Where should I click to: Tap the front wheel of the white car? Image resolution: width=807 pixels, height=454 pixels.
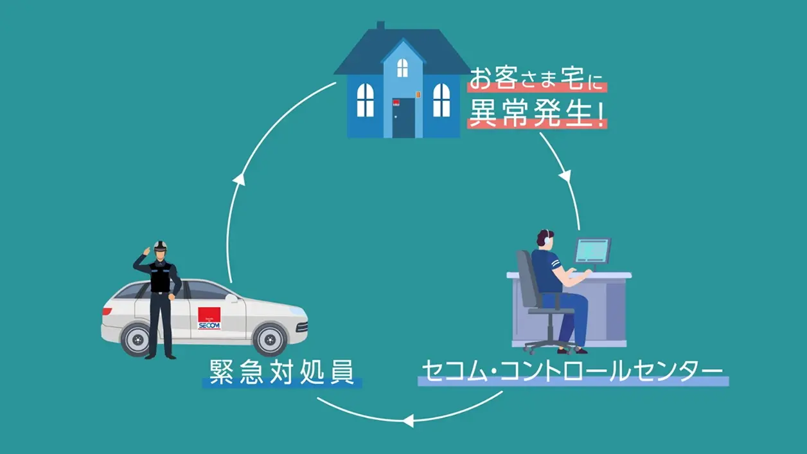tap(269, 338)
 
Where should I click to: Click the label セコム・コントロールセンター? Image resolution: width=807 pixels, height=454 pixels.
tap(572, 372)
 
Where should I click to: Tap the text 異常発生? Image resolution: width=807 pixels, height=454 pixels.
tap(537, 113)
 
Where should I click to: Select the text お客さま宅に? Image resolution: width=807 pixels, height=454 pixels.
tap(537, 80)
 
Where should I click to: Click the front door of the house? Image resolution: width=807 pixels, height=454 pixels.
tap(404, 118)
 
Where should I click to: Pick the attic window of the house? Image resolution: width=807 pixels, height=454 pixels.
tap(402, 67)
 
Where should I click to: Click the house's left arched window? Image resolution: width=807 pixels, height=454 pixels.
tap(365, 100)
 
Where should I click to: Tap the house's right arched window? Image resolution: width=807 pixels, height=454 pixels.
tap(441, 100)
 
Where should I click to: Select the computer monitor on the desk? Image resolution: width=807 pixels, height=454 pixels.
tap(592, 250)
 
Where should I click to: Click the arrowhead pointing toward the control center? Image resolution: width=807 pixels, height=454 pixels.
tap(565, 176)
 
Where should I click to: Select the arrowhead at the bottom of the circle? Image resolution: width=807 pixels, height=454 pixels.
tap(407, 421)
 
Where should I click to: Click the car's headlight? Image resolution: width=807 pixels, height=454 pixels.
tap(296, 311)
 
